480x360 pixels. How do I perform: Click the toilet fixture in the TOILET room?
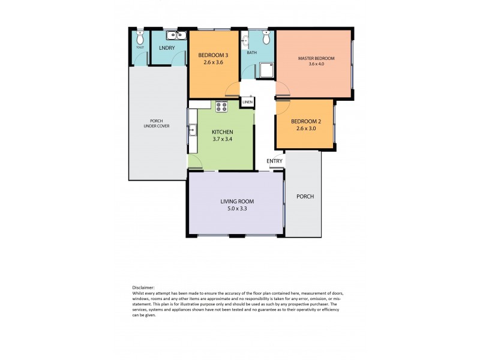(139, 36)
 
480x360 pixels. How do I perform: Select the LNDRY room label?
(167, 48)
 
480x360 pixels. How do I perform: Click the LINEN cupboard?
(247, 103)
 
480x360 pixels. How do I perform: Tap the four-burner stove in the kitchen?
(221, 107)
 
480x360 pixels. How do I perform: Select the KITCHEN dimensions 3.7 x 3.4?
(222, 139)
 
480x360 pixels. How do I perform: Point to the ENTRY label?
(274, 161)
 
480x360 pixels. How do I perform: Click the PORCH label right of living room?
(305, 196)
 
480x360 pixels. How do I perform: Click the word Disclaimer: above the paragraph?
(142, 287)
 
